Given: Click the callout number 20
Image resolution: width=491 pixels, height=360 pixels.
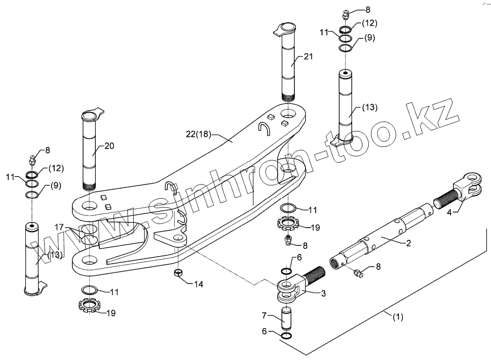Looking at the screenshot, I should point(109,146).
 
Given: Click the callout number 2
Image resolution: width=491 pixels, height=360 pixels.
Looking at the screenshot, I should point(408,243).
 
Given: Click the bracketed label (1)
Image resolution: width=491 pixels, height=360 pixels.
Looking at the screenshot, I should point(399,318).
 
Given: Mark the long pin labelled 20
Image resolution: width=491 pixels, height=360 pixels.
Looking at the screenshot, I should point(92,152).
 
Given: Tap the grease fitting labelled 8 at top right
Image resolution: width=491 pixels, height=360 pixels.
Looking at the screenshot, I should point(346,14).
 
